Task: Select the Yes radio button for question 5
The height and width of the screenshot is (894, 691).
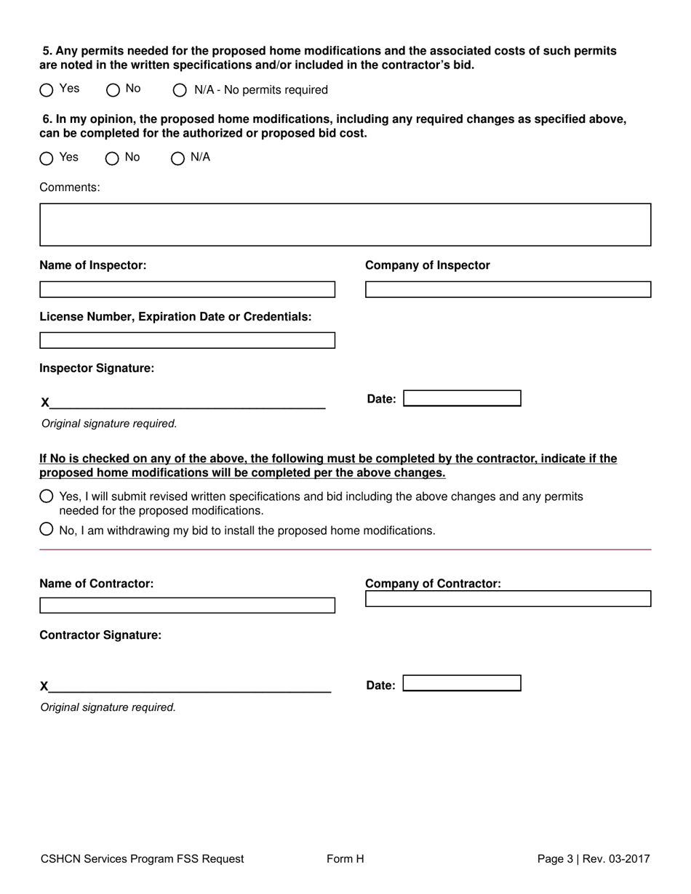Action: pos(47,90)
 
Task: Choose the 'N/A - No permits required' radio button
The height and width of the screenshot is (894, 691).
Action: pos(180,90)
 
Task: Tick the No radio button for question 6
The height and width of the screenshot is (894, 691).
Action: pos(112,158)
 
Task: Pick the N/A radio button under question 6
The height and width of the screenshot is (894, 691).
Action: pos(177,158)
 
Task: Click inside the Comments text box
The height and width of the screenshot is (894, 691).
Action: pos(345,225)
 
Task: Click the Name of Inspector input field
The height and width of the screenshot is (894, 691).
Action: pos(187,289)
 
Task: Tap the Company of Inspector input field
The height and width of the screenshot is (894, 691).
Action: pos(508,289)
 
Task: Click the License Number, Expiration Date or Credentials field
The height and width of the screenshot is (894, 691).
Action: pos(187,340)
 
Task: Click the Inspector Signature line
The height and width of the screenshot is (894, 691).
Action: pos(187,402)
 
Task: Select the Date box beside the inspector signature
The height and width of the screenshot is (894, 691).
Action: pos(462,398)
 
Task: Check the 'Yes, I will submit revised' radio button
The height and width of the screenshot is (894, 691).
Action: pos(47,496)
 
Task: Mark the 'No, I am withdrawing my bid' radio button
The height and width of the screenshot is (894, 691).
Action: pos(47,529)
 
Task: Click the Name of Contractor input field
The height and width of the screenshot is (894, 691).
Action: pos(187,605)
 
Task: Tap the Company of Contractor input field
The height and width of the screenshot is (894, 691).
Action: pos(508,599)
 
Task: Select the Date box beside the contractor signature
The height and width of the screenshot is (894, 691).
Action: pos(462,683)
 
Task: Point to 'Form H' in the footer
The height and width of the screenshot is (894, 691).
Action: pos(345,859)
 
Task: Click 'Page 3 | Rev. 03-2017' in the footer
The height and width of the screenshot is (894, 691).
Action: pos(594,859)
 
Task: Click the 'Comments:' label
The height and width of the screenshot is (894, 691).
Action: pos(70,188)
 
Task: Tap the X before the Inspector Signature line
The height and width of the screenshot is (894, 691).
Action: pos(45,403)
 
